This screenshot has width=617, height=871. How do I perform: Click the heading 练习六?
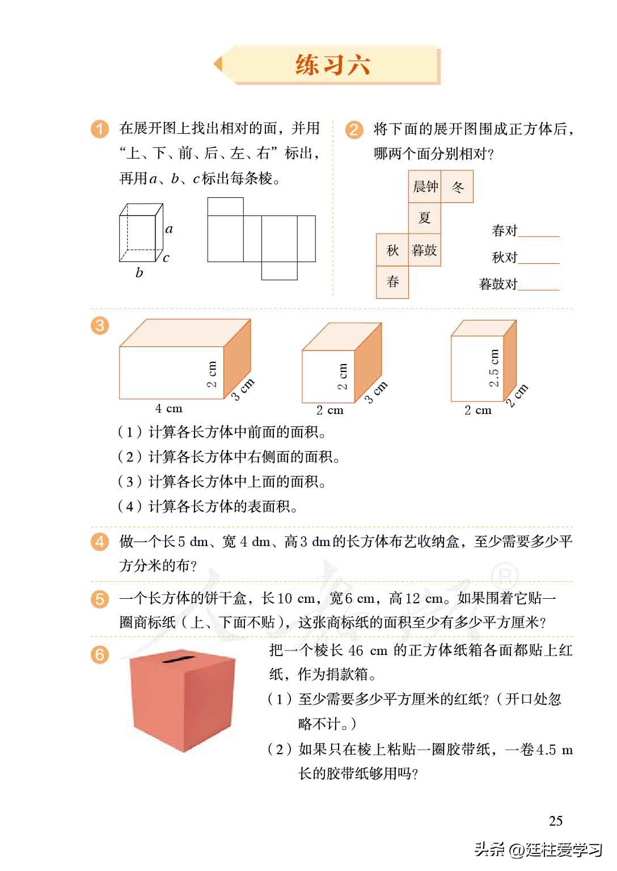[x=333, y=65]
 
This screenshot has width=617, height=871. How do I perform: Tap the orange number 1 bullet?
[x=99, y=129]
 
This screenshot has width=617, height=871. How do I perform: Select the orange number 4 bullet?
[x=99, y=542]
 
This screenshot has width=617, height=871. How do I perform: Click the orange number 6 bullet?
[x=99, y=655]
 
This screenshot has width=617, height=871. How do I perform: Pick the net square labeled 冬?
[x=457, y=187]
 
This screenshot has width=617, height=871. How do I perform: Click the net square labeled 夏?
[x=425, y=218]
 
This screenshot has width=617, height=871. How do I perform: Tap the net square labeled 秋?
[x=392, y=250]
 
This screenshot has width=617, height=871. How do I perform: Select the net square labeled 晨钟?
[x=425, y=187]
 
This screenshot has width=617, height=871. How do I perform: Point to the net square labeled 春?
[x=392, y=282]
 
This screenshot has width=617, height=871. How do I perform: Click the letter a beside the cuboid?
[x=169, y=230]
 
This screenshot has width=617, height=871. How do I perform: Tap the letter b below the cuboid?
[x=139, y=273]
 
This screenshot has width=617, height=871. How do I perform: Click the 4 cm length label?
[x=169, y=408]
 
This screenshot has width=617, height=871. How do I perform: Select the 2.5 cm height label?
[x=494, y=367]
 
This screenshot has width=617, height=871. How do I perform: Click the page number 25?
[x=556, y=821]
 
